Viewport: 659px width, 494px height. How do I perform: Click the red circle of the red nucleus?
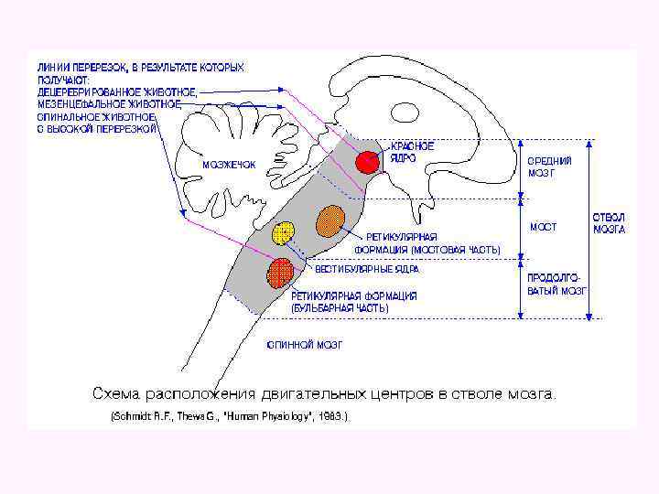click(x=367, y=162)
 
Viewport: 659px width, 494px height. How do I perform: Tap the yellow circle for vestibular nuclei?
click(x=284, y=234)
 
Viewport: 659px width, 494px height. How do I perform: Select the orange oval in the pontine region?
click(x=329, y=221)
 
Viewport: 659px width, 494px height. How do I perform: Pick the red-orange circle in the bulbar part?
click(x=280, y=272)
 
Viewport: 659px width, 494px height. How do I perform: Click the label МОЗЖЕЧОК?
click(x=229, y=165)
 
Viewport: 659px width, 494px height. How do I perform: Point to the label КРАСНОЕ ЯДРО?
click(x=413, y=151)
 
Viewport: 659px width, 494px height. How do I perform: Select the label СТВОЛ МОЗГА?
click(x=609, y=223)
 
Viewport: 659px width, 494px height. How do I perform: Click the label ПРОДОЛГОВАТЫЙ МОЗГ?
click(x=556, y=283)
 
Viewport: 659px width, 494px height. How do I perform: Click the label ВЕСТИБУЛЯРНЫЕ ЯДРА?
click(x=367, y=270)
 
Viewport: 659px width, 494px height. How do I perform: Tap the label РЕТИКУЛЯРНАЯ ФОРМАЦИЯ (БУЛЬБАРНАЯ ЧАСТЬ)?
click(x=353, y=302)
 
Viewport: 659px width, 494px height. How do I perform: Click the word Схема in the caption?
click(x=116, y=394)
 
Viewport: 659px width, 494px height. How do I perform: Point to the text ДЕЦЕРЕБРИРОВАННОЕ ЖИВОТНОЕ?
click(x=117, y=91)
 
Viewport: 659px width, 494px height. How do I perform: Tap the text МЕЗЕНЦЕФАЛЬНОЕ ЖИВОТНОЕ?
click(x=109, y=104)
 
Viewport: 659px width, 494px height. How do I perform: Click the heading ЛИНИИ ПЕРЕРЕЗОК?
click(x=84, y=68)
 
